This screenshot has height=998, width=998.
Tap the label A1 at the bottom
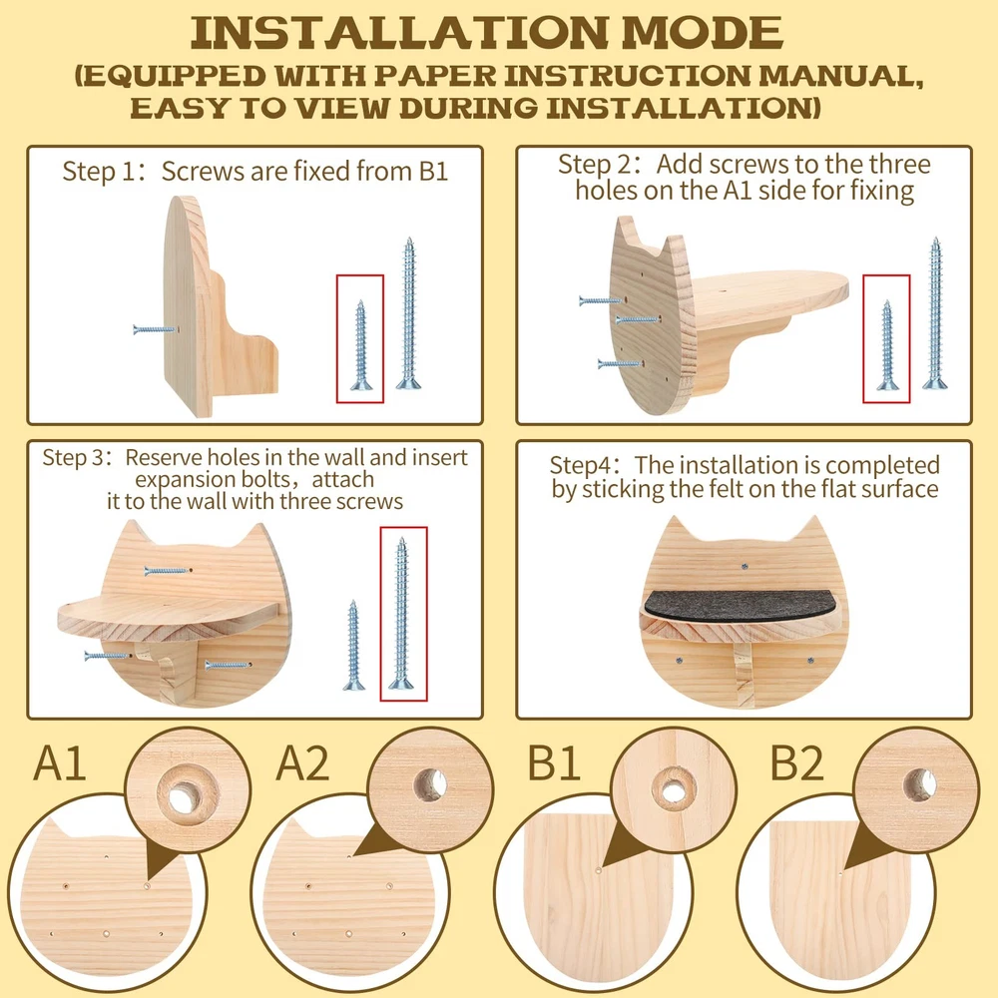point(59,762)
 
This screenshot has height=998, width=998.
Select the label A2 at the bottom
point(302,762)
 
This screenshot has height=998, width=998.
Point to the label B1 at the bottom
point(554,762)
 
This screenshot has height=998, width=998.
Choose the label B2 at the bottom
point(796,762)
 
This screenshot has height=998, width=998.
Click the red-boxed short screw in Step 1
point(361,345)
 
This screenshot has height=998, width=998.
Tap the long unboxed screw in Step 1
point(408,313)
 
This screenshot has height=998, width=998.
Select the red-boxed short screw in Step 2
point(886,345)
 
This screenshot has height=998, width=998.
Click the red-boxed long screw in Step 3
point(401,614)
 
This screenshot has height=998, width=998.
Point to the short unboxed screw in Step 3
point(354,646)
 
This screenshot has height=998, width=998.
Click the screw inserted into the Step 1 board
point(154,329)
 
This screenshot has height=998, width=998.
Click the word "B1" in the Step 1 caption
point(433,172)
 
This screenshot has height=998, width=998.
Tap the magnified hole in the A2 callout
point(430,783)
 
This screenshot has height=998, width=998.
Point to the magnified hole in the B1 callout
point(672,791)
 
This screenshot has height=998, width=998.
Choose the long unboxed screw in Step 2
point(934,313)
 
